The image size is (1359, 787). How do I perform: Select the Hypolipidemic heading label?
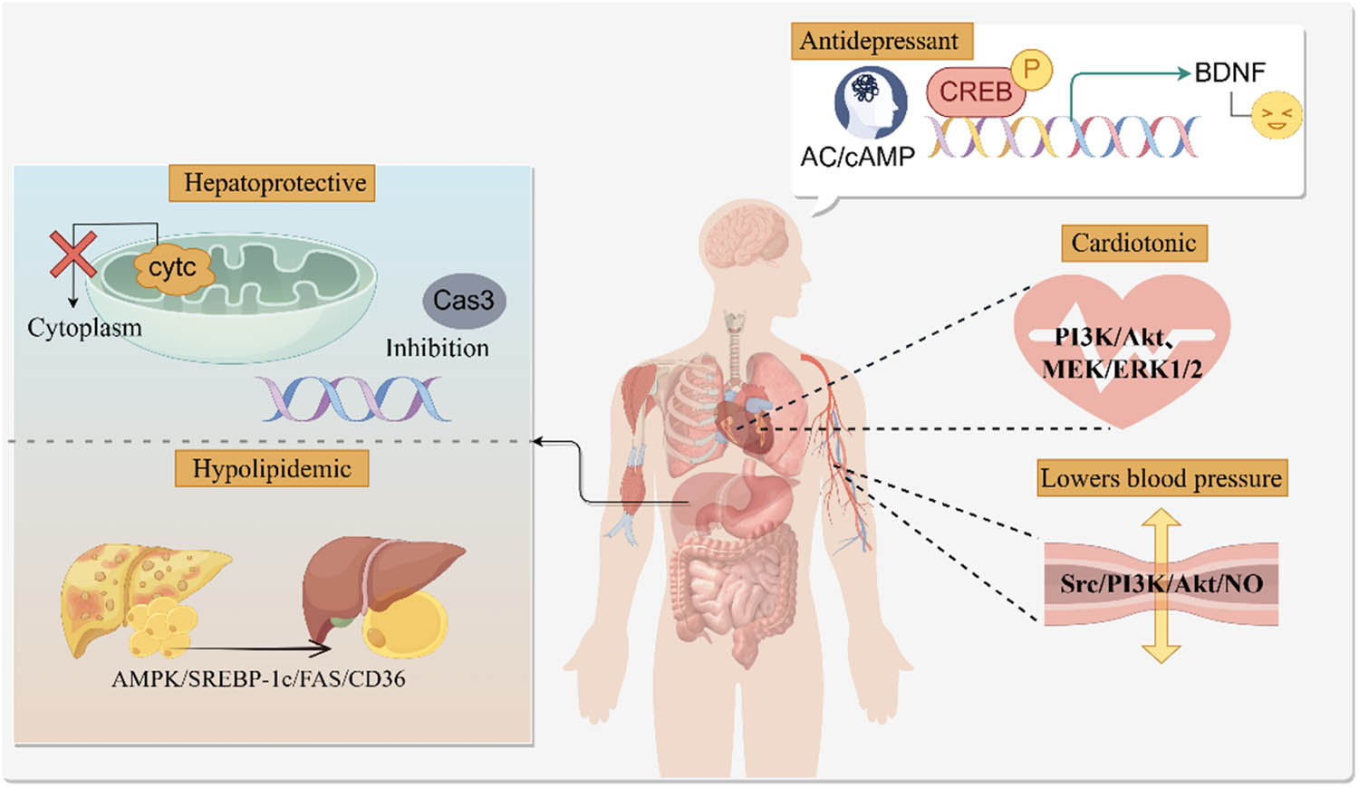tap(272, 468)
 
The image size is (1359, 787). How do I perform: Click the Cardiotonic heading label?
tap(1133, 243)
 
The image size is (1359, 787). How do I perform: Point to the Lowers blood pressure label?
tap(1161, 477)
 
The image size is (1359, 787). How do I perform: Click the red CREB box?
tap(974, 91)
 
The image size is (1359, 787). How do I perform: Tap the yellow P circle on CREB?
tap(1031, 69)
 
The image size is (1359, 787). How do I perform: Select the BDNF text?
tap(1229, 72)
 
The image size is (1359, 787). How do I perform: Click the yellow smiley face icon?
tap(1277, 116)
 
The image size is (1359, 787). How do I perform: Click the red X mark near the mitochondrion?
tap(72, 253)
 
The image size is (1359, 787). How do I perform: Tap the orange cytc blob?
tap(172, 267)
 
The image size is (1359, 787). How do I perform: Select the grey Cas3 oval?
tap(463, 300)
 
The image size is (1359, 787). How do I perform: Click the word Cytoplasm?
tap(84, 327)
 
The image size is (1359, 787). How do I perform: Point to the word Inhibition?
tap(437, 348)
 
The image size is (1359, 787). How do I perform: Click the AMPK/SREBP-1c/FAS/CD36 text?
tap(258, 678)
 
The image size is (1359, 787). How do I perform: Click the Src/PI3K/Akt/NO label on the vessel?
tap(1161, 583)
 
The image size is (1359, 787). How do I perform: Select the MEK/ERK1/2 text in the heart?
tap(1122, 369)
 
